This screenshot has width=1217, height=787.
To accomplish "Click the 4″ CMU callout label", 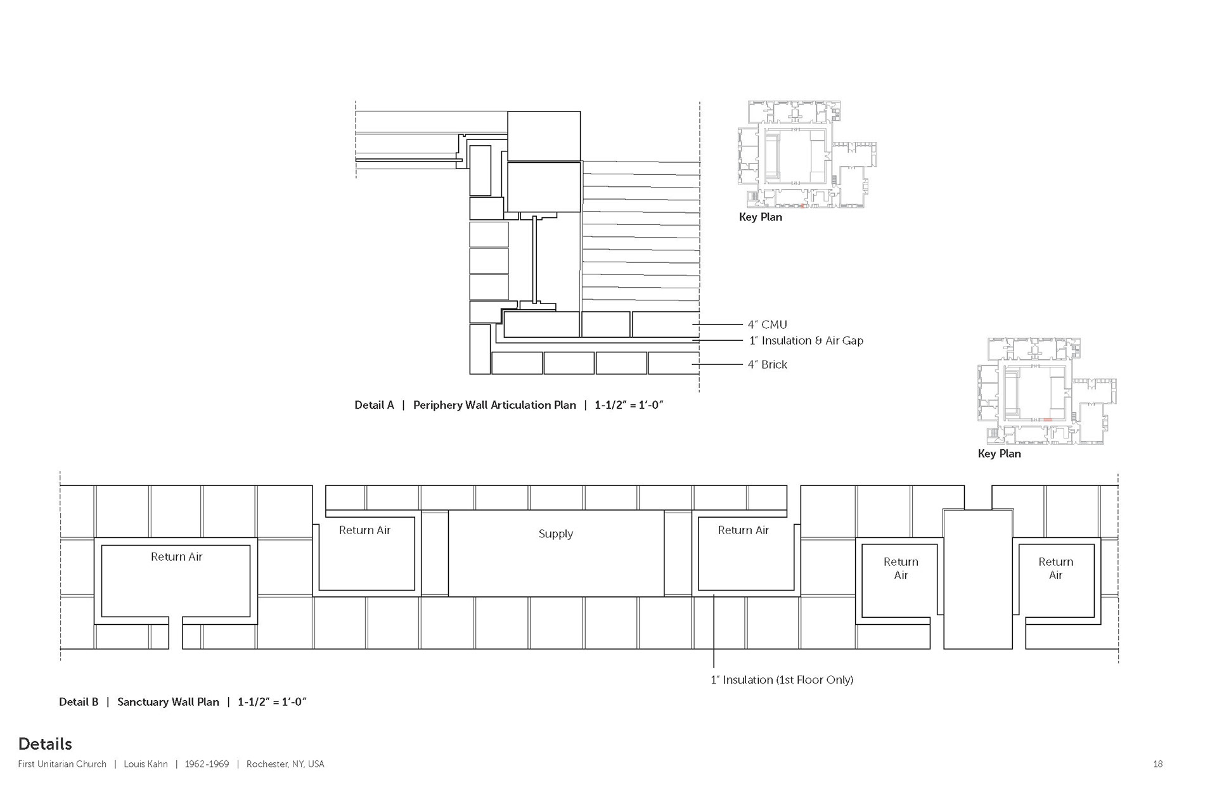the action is click(x=767, y=324).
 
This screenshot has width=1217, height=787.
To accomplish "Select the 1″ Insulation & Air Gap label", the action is click(x=806, y=340).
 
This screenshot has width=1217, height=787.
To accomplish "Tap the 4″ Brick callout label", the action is click(x=767, y=364).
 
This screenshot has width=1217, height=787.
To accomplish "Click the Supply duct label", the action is click(x=556, y=534).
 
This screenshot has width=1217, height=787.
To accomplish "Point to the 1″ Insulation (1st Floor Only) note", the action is click(x=782, y=680).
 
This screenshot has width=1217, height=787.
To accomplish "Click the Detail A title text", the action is click(x=509, y=405).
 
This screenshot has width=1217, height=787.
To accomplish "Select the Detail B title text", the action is click(x=183, y=701).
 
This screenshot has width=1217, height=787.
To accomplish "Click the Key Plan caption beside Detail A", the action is click(x=761, y=217).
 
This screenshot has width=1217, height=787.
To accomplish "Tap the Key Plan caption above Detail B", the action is click(x=1000, y=453).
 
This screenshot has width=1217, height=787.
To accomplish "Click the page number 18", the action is click(x=1158, y=764).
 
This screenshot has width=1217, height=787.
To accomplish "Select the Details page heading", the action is click(x=45, y=744).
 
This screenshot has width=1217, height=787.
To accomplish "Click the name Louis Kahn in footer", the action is click(x=146, y=764).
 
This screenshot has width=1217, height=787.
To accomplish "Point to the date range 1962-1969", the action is click(x=207, y=764).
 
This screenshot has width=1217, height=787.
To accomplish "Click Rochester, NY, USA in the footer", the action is click(x=285, y=764).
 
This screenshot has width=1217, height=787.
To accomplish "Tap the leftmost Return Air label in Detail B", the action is click(x=176, y=557).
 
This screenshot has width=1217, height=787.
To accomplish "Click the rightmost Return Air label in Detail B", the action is click(x=1055, y=568).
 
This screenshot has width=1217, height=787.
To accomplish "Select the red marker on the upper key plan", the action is click(x=802, y=206).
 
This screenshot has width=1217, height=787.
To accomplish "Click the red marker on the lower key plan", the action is click(x=1048, y=420).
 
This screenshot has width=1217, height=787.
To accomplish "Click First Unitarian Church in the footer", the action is click(x=62, y=764).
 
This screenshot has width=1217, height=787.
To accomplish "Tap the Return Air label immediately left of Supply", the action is click(x=364, y=530).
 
